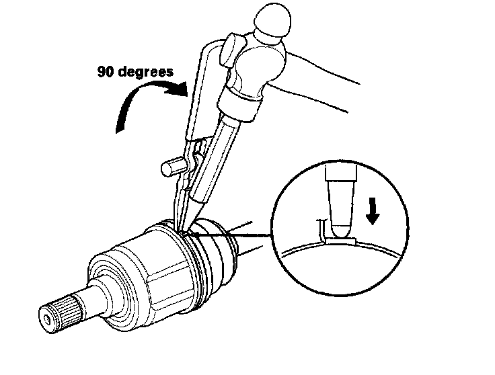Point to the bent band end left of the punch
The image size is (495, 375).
pyautogui.click(x=322, y=228)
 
